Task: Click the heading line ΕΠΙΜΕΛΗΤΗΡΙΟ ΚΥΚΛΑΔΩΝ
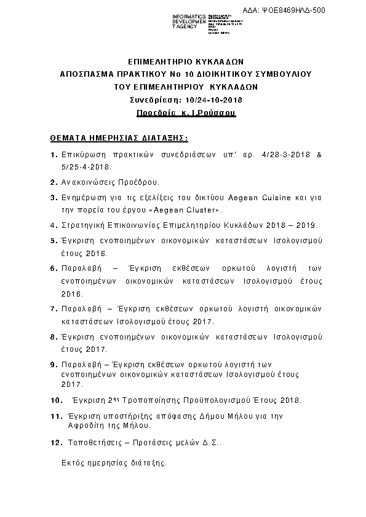tap(186, 62)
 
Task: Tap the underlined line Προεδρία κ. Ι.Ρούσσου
tap(186, 114)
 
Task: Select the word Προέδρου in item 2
tap(138, 182)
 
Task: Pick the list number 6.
tap(53, 268)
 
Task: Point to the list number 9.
tap(53, 364)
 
